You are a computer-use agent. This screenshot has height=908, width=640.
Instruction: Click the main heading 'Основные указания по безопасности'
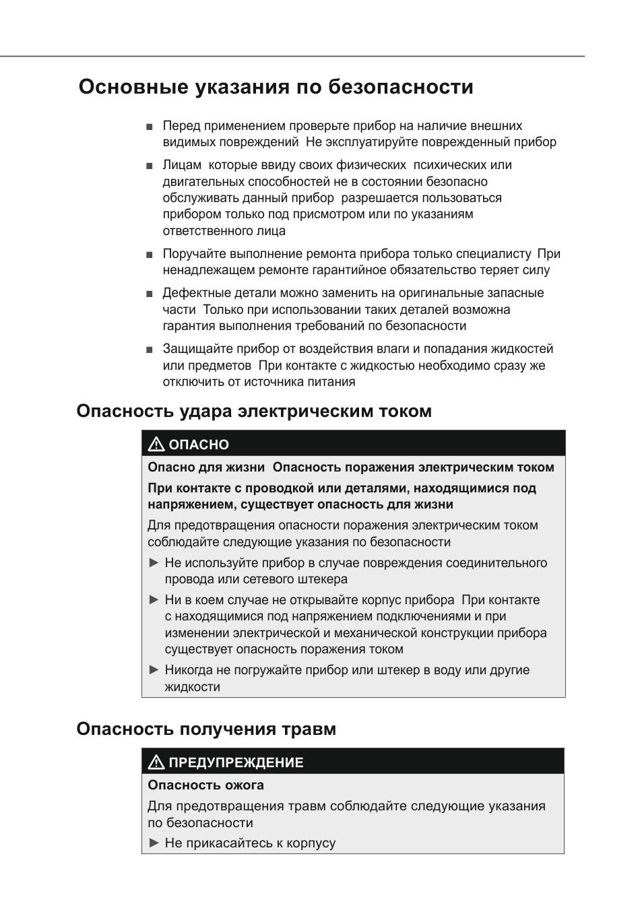(276, 88)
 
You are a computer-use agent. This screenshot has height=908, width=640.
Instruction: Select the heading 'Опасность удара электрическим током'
(254, 411)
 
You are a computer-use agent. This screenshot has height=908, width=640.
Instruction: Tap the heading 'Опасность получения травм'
(206, 729)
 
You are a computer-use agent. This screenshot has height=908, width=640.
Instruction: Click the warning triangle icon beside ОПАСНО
(156, 444)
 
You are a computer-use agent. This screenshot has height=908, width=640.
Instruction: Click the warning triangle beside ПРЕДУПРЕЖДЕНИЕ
(156, 762)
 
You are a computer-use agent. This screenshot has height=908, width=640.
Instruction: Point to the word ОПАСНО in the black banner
(199, 445)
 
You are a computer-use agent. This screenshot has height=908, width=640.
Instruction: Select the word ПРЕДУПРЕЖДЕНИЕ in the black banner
(236, 763)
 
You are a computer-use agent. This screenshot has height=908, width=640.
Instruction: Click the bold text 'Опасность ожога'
(205, 785)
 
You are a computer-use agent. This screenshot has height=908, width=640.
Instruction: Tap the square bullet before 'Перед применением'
(149, 127)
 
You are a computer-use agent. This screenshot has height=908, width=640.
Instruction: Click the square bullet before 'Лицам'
(149, 166)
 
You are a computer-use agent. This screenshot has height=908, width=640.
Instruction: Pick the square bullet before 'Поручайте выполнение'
(149, 255)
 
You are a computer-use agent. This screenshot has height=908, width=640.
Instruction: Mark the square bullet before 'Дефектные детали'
(149, 294)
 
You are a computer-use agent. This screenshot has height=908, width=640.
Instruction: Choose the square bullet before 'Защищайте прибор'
(149, 350)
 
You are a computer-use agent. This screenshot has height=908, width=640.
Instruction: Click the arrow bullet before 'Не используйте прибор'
(154, 562)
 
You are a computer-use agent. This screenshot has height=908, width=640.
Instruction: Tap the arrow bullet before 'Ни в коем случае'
(154, 599)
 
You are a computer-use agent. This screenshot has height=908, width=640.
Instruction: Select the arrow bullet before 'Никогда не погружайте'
(154, 670)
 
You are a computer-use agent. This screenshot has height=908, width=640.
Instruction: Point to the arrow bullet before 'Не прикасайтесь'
(154, 843)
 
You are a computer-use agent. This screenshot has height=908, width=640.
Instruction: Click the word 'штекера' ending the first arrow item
(325, 579)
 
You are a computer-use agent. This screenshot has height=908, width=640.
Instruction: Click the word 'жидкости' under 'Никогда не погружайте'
(192, 687)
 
